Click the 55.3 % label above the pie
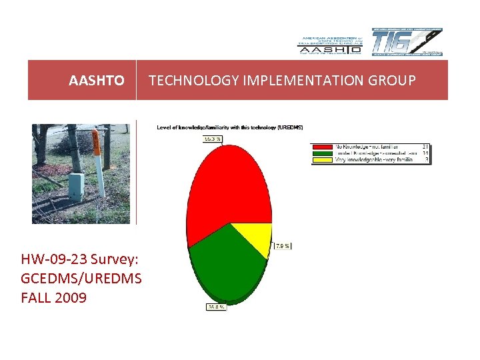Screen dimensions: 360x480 (212, 139)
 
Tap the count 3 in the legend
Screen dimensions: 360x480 (426, 159)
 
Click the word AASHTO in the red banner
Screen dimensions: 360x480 (96, 81)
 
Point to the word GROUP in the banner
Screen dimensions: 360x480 (392, 81)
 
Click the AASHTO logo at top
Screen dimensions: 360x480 (329, 45)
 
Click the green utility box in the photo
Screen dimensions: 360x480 (77, 187)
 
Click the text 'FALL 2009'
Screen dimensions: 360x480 (54, 297)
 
